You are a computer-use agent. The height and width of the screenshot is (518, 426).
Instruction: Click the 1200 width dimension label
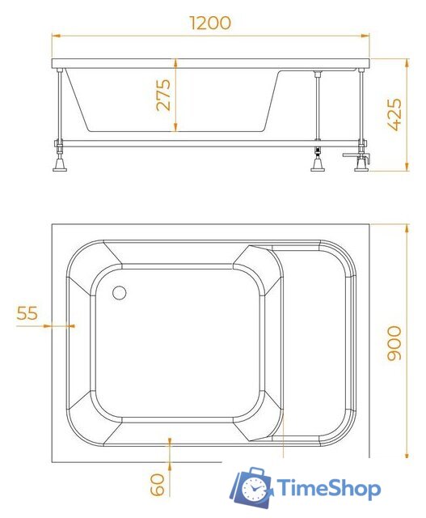pyautogui.click(x=210, y=22)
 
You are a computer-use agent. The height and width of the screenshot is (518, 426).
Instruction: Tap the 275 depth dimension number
pyautogui.click(x=162, y=96)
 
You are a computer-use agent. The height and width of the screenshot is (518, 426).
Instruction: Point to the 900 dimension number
pyautogui.click(x=394, y=343)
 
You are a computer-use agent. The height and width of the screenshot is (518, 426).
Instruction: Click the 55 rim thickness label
pyautogui.click(x=28, y=313)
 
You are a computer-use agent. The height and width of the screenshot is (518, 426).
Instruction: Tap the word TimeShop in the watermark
pyautogui.click(x=329, y=488)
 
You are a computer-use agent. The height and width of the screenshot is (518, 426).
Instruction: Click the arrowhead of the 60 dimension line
pyautogui.click(x=169, y=441)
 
